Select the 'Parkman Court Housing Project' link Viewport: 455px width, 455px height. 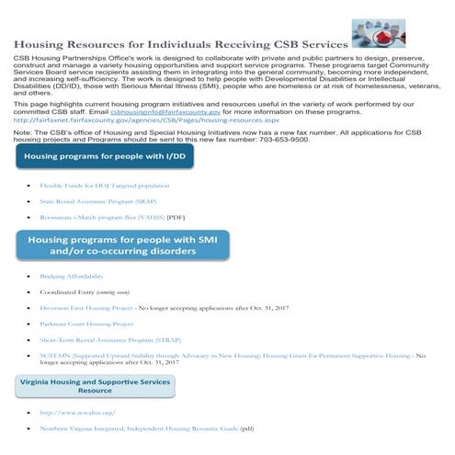[86, 324]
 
